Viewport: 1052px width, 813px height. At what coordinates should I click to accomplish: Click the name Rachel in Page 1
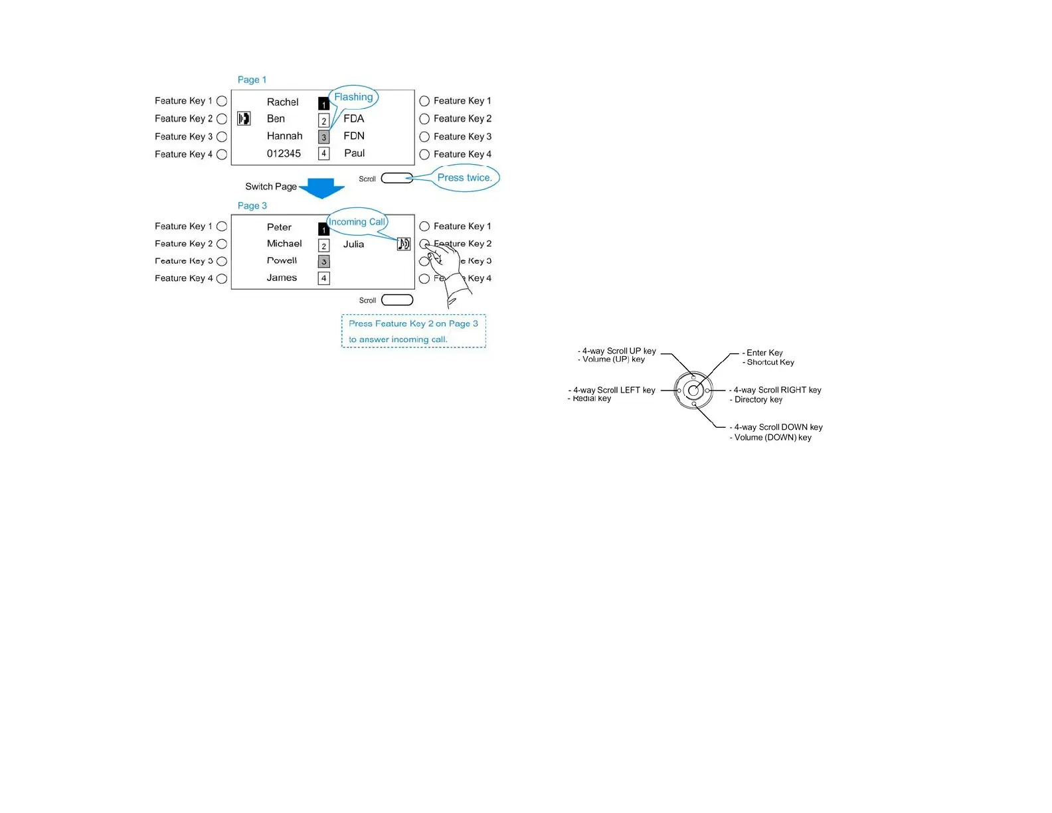pyautogui.click(x=282, y=102)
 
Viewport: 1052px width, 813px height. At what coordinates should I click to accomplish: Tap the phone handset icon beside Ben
pyautogui.click(x=244, y=119)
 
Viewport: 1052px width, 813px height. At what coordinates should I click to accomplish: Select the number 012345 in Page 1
pyautogui.click(x=284, y=153)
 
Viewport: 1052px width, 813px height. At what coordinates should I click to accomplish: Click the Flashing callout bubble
pyautogui.click(x=353, y=97)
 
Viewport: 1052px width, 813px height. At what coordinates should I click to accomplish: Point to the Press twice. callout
pyautogui.click(x=464, y=178)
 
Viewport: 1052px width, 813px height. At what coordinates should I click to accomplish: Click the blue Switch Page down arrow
pyautogui.click(x=322, y=188)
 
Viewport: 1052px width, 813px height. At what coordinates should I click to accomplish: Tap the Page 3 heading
pyautogui.click(x=252, y=206)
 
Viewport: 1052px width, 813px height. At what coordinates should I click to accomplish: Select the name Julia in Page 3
pyautogui.click(x=353, y=244)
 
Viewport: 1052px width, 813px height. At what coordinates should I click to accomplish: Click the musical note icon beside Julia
pyautogui.click(x=404, y=244)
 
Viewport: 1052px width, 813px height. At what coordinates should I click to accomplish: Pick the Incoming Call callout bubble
pyautogui.click(x=357, y=222)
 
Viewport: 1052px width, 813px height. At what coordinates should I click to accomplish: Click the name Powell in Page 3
pyautogui.click(x=282, y=261)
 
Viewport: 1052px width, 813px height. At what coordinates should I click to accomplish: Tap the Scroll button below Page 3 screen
pyautogui.click(x=397, y=300)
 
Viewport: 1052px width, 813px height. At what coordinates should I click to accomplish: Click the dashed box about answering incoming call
pyautogui.click(x=413, y=331)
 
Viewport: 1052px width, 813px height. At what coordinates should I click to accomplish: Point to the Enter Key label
pyautogui.click(x=764, y=353)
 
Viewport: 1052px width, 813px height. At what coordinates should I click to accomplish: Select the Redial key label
pyautogui.click(x=592, y=399)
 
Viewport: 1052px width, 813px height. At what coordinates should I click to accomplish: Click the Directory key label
pyautogui.click(x=758, y=400)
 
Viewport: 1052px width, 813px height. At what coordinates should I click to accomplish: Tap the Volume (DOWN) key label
pyautogui.click(x=772, y=438)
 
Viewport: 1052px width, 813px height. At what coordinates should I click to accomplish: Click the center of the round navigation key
pyautogui.click(x=693, y=391)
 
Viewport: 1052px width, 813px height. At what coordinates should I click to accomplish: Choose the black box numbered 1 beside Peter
pyautogui.click(x=323, y=230)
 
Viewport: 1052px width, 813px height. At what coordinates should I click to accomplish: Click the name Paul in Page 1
pyautogui.click(x=354, y=153)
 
